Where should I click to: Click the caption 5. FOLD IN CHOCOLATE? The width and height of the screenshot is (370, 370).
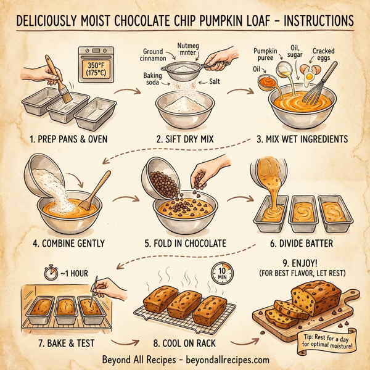[184, 244]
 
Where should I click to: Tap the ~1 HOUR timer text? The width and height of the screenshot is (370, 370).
[65, 271]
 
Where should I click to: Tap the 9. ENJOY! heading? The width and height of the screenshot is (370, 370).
[302, 260]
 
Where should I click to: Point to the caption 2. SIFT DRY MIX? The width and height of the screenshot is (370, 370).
[184, 139]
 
